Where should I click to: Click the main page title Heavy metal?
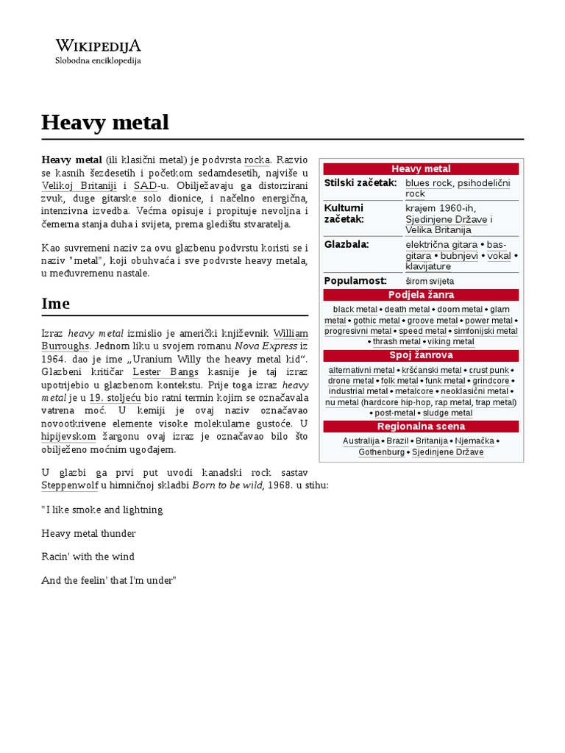click(105, 122)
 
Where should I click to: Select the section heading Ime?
click(56, 303)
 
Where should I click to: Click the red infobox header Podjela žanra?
click(421, 295)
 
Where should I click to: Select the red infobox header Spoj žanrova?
click(421, 355)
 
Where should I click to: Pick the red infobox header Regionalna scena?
click(421, 427)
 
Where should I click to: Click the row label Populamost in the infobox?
click(355, 280)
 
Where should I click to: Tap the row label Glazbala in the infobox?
click(347, 243)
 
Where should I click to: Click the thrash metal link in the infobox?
click(397, 342)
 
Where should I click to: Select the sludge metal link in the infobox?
click(447, 413)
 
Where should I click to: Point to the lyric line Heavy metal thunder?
click(89, 533)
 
